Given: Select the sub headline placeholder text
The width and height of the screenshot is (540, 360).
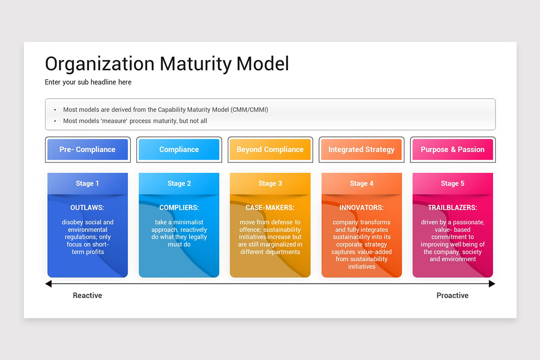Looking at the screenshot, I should (x=88, y=82).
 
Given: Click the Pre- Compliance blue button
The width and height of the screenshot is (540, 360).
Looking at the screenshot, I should (x=88, y=149).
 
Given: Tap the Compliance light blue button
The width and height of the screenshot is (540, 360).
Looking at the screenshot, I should (x=179, y=149).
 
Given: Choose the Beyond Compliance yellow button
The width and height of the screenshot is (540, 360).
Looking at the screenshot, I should (x=270, y=149).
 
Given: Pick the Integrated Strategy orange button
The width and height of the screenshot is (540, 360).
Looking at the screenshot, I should (x=361, y=149).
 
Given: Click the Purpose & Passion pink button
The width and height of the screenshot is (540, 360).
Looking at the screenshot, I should (x=453, y=149).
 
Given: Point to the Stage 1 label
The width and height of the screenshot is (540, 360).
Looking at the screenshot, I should (x=87, y=184).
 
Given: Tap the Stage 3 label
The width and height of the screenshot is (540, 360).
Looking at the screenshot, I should (x=270, y=184).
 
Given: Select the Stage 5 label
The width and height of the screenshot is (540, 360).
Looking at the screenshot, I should (x=453, y=184).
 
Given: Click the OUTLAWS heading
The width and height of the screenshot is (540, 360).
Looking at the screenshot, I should (x=87, y=208).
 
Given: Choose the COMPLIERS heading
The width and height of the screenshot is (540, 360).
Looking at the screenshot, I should (x=179, y=208).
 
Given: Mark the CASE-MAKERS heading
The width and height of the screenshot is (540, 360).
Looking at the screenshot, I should (x=270, y=208).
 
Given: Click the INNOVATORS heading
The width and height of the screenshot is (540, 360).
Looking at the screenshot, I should (x=361, y=208).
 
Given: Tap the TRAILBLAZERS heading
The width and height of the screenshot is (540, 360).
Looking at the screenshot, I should (x=453, y=208).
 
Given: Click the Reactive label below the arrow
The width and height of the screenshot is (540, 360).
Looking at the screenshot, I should (x=87, y=296).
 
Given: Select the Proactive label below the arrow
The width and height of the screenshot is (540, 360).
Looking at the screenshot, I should (x=452, y=296).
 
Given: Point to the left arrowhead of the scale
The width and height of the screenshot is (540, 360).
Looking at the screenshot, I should (x=49, y=284).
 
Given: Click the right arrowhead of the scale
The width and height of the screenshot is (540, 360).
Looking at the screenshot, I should (x=492, y=284).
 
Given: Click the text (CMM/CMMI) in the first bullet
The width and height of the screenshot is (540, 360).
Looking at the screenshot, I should (x=250, y=110).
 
